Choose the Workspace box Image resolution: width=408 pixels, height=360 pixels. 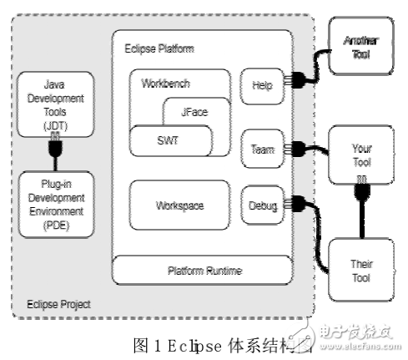179,204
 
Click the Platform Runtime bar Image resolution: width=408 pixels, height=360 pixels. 202,270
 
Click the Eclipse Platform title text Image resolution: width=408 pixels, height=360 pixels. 159,49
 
